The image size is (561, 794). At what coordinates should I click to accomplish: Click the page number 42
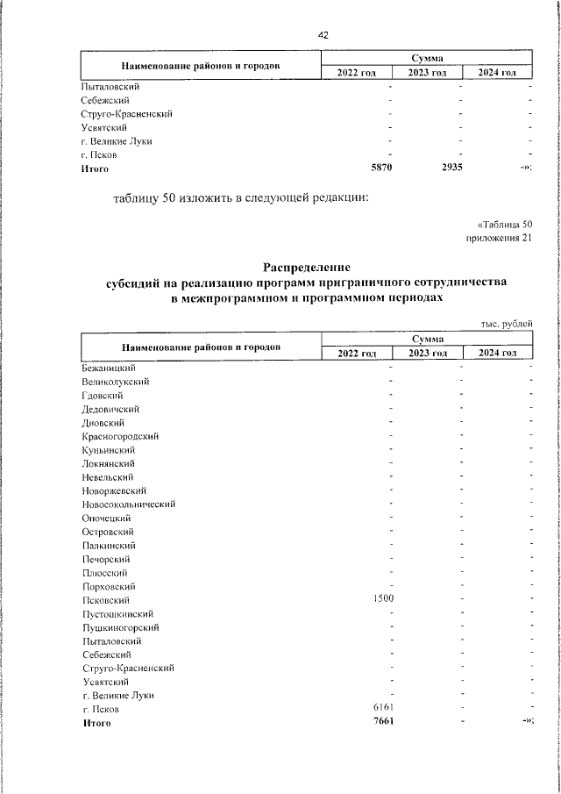pos(323,35)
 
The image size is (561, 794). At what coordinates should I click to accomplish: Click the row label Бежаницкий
pos(108,368)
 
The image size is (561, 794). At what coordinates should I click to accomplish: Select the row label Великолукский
pos(115,382)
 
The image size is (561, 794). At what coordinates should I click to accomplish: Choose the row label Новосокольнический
pos(129,504)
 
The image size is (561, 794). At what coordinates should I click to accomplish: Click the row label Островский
pos(107,532)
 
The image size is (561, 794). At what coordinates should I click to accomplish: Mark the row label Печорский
pos(106,559)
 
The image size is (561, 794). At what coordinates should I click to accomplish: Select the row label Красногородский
pos(120,436)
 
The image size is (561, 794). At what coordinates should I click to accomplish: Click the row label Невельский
pos(107,476)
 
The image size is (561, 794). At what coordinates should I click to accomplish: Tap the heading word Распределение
pos(307,267)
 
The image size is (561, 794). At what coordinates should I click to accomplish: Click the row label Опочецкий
pos(106,518)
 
